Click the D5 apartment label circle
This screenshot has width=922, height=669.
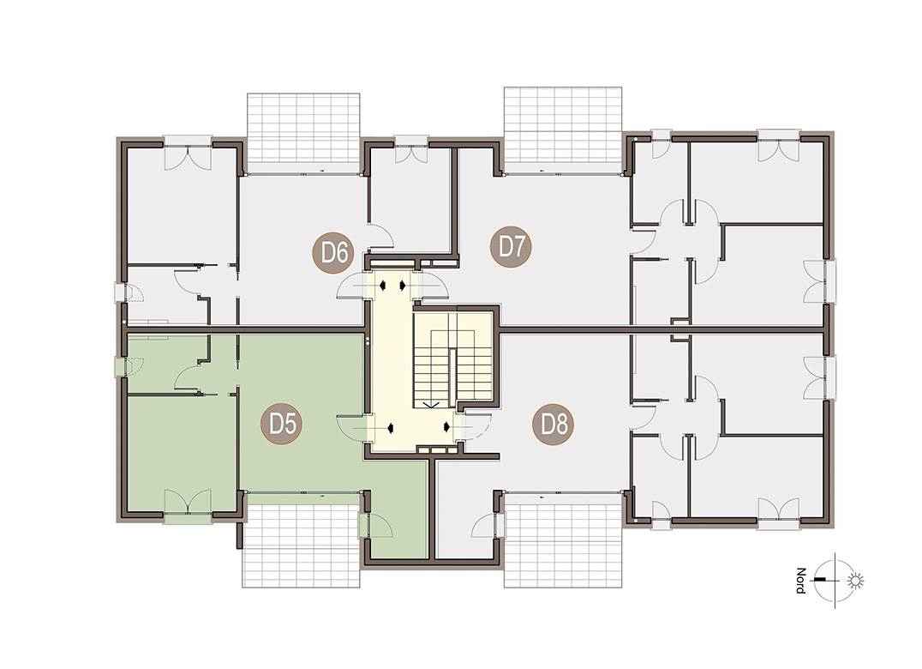point(282,424)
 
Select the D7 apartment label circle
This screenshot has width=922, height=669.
point(511,247)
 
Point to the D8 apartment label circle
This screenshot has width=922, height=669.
point(554,424)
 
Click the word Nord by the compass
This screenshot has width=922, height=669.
point(801,581)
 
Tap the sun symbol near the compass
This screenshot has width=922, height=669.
point(855,582)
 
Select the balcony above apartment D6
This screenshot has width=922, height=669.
point(302,133)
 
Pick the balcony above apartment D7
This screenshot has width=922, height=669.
point(563,130)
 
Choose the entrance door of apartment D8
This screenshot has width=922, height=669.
point(476,425)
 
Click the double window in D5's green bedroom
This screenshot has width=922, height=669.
point(187,506)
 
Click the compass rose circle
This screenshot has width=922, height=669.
point(835,581)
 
